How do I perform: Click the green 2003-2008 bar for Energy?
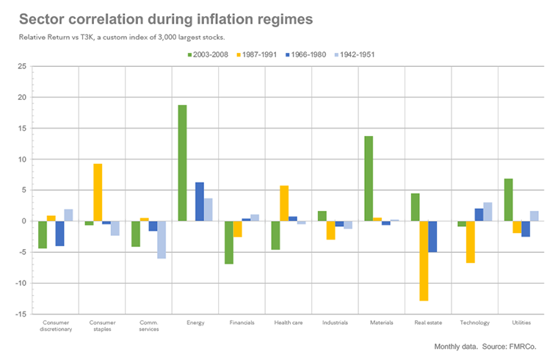[x=181, y=163]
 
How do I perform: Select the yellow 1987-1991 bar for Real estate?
[x=424, y=261]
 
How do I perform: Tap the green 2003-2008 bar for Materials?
[x=369, y=179]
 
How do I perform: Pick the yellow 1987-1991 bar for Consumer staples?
[x=98, y=192]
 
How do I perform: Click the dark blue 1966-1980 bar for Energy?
[x=199, y=201]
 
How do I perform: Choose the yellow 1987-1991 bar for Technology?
[x=470, y=242]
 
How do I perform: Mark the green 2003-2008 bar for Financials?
[x=228, y=242]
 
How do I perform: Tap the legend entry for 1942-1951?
[x=355, y=54]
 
